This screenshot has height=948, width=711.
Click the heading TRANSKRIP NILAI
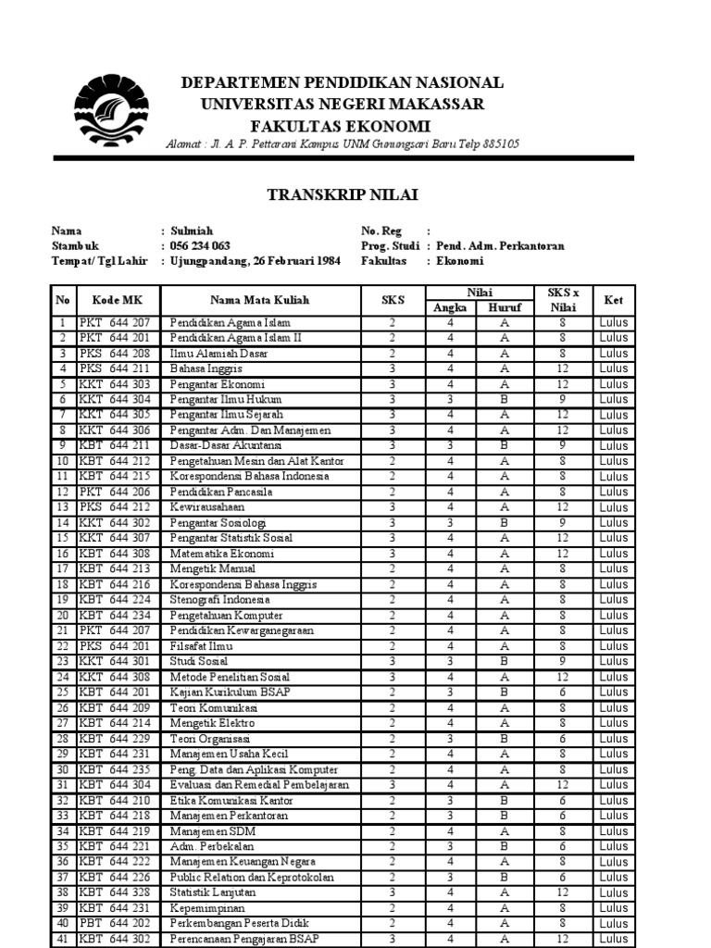click(343, 194)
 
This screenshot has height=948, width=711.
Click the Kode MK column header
click(118, 300)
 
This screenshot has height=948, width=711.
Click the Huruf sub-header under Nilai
click(505, 308)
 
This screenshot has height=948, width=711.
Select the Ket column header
click(613, 300)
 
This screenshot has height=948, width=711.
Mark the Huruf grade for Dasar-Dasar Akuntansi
click(505, 445)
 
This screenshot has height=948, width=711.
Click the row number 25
click(62, 692)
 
